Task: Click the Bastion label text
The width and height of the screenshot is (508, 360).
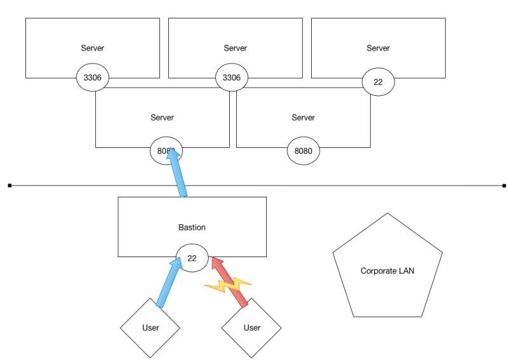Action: click(192, 227)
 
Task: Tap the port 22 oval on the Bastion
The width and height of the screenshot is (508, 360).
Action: click(191, 258)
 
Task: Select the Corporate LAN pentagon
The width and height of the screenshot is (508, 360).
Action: click(387, 269)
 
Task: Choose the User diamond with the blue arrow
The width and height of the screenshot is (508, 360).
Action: click(150, 328)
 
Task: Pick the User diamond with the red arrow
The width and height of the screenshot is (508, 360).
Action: click(251, 328)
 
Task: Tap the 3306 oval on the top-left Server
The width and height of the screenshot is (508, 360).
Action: click(92, 78)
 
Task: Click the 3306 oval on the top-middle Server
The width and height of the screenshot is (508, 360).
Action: click(232, 78)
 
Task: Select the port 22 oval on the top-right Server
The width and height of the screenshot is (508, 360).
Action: click(378, 82)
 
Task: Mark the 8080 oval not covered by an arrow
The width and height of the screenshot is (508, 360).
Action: click(303, 152)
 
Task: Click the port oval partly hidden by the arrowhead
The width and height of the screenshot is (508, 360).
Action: click(164, 151)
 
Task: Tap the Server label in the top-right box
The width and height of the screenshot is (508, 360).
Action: click(378, 48)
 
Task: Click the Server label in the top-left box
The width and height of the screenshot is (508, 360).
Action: click(92, 48)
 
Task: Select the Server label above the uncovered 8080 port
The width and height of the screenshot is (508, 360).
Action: click(303, 117)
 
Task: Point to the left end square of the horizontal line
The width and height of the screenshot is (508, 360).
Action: click(10, 185)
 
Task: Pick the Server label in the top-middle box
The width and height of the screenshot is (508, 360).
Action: click(235, 48)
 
